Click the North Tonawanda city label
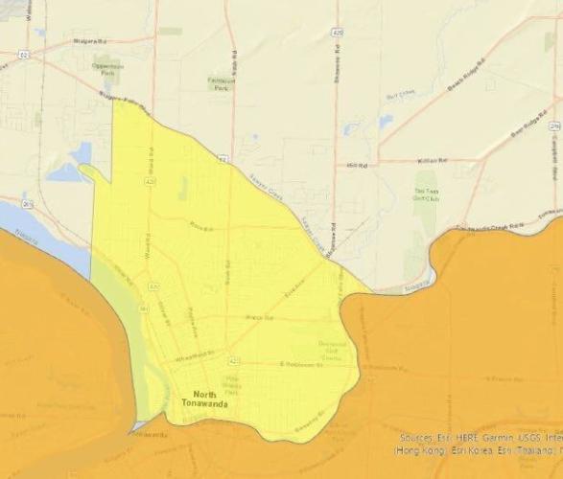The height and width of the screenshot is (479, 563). tap(200, 399)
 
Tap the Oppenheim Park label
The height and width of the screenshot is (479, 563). tap(108, 68)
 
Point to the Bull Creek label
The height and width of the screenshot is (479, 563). tap(398, 93)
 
